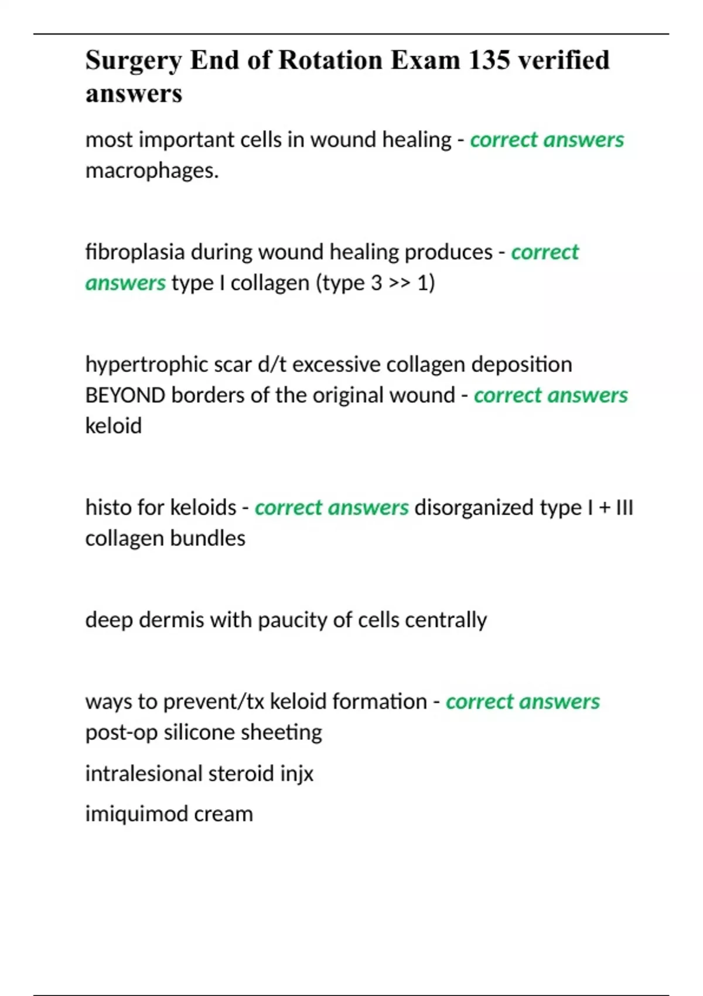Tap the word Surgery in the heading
[134, 61]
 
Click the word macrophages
[152, 170]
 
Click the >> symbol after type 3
[399, 283]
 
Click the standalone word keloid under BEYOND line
[113, 426]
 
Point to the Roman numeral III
[624, 507]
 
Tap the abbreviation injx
[296, 774]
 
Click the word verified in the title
[564, 60]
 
